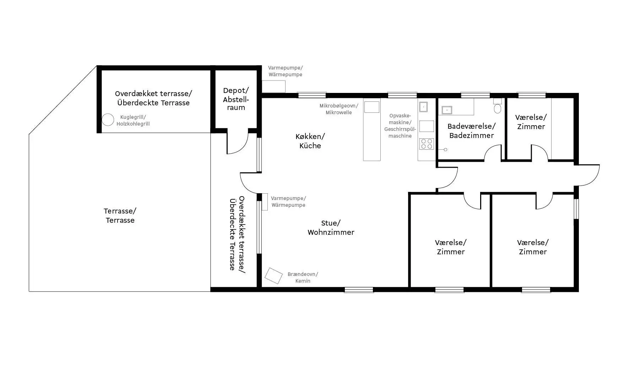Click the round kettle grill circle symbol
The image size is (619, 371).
108,120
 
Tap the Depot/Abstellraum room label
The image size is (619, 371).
236,99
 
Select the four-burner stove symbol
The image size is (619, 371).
427,144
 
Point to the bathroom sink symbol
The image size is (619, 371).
446,110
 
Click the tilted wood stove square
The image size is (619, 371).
274,276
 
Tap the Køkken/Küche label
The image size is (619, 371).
310,141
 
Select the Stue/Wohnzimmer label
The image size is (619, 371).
331,228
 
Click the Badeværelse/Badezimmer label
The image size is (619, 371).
471,131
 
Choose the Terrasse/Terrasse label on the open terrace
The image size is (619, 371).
120,216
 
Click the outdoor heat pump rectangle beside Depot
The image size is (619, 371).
273,87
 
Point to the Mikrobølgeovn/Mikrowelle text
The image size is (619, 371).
339,109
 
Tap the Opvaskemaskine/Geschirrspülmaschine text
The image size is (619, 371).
400,126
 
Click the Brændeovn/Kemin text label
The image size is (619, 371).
303,278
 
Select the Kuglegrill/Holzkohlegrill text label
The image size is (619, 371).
133,121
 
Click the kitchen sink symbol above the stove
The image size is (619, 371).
423,107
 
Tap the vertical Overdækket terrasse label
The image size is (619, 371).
237,233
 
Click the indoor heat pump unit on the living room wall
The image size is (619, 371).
265,202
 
